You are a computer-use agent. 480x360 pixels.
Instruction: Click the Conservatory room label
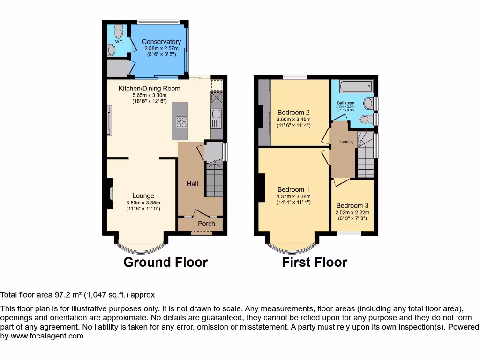coord(161,42)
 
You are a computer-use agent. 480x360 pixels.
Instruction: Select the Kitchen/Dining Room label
coord(149,88)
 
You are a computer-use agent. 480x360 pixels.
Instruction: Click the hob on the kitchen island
coord(181,122)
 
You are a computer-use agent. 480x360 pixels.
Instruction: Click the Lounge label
coord(143,196)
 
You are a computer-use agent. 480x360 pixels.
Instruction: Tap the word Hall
coord(192,184)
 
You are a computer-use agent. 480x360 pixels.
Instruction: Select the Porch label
coord(206,224)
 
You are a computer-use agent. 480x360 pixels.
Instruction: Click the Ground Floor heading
coord(165,262)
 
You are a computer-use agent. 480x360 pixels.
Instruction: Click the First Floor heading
coord(314,262)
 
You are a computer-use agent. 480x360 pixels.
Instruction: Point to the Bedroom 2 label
coord(293,112)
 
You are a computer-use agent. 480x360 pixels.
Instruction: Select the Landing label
coord(346,142)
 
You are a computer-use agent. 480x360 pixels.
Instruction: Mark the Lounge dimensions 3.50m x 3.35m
coord(143,202)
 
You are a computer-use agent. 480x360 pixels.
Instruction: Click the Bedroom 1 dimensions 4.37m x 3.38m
coord(293,196)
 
